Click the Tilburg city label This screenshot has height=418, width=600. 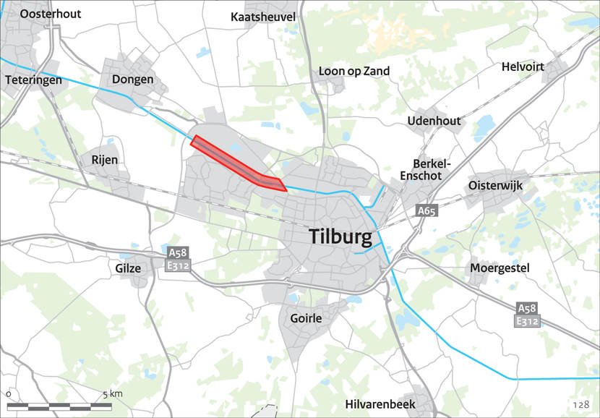pyautogui.click(x=340, y=236)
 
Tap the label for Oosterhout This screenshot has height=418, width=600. pyautogui.click(x=51, y=14)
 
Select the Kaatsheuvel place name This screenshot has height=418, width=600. pyautogui.click(x=263, y=17)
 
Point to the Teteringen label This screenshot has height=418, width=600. pyautogui.click(x=33, y=80)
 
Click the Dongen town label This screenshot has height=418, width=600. pyautogui.click(x=132, y=79)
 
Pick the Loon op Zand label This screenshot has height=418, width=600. pyautogui.click(x=354, y=71)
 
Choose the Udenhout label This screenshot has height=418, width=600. pyautogui.click(x=434, y=121)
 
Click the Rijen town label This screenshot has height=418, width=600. pyautogui.click(x=104, y=159)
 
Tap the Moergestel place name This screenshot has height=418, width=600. pyautogui.click(x=500, y=268)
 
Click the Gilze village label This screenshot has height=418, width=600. pyautogui.click(x=128, y=268)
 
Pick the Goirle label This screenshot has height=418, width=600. pyautogui.click(x=305, y=317)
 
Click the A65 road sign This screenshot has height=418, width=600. pyautogui.click(x=427, y=211)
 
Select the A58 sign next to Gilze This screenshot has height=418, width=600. pyautogui.click(x=177, y=253)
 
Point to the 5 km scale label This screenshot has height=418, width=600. pyautogui.click(x=112, y=394)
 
